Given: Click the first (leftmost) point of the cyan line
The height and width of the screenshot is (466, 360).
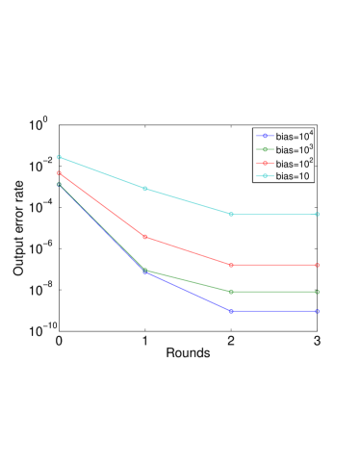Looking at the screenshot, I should tap(59, 157).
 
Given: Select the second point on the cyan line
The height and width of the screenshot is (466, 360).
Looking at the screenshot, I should tap(145, 189).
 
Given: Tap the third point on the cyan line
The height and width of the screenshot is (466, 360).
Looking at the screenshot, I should tap(231, 214).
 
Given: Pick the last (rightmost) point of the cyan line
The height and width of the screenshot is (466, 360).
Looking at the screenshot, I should tap(317, 214).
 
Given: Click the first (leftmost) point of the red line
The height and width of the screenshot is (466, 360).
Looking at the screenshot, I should tap(59, 173).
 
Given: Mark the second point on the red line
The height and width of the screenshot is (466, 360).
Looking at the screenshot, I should tap(145, 237).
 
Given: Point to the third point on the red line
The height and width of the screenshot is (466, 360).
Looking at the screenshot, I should tap(231, 265).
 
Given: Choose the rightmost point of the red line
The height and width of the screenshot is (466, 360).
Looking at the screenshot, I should tap(317, 265).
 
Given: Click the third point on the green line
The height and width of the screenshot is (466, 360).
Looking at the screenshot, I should tap(231, 292).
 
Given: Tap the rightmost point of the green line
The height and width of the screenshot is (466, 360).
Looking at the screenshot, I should tap(317, 292).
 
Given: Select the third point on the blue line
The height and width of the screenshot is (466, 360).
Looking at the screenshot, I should tap(231, 311).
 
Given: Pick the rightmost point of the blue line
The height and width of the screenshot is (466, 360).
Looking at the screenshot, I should tap(317, 311).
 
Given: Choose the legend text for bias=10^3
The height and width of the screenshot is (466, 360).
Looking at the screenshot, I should tap(294, 150).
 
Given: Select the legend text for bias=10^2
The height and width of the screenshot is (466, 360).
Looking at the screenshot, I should tap(294, 164).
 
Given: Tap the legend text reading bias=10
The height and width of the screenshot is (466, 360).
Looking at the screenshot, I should tap(292, 176).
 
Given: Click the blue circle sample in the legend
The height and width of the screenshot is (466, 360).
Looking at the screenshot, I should tap(264, 137).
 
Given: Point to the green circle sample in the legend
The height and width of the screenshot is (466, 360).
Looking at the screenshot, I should tap(264, 150).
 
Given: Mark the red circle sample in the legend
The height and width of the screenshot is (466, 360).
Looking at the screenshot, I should tap(264, 164).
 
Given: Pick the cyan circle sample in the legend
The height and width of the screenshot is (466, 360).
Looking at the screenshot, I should tap(264, 176).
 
